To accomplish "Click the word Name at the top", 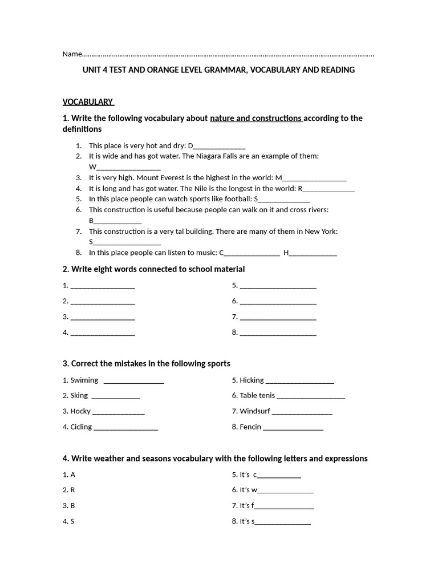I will pyautogui.click(x=72, y=54).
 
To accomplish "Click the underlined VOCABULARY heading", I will pyautogui.click(x=88, y=102).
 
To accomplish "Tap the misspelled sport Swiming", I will pyautogui.click(x=84, y=380).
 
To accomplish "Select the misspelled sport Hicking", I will pyautogui.click(x=252, y=380).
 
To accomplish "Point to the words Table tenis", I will pyautogui.click(x=257, y=395).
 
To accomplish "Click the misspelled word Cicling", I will pyautogui.click(x=81, y=427).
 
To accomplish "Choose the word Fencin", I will pyautogui.click(x=250, y=427).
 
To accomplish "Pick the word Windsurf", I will pyautogui.click(x=255, y=411).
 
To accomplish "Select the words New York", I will pyautogui.click(x=323, y=232).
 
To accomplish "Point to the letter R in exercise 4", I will pyautogui.click(x=72, y=490).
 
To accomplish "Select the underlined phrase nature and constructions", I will pyautogui.click(x=255, y=119).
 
